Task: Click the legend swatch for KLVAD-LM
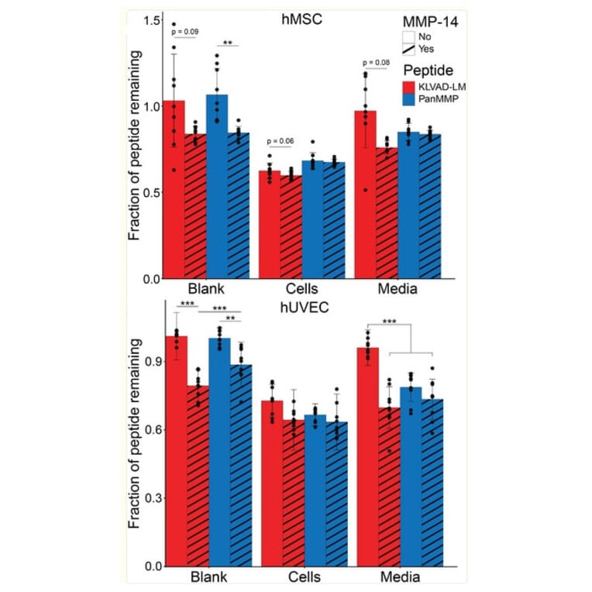coord(408,85)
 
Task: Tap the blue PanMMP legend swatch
coord(408,98)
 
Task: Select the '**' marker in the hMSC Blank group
coord(229,43)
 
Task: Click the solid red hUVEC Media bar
coord(367,456)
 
